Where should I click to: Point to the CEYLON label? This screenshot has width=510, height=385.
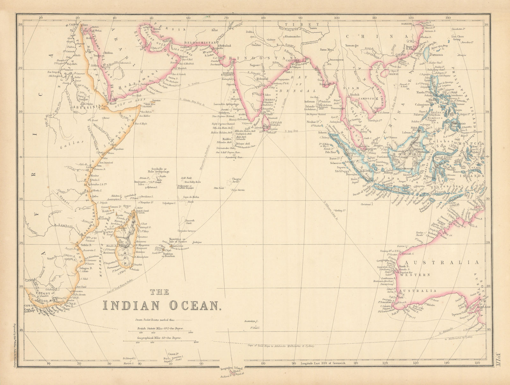pyautogui.click(x=275, y=122)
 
